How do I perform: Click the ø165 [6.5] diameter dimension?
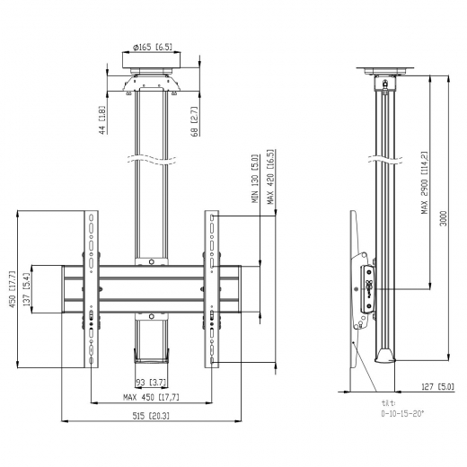[151, 47]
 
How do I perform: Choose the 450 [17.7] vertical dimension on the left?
[13, 290]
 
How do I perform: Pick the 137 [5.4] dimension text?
[27, 290]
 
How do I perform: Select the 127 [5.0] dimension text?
[437, 387]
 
